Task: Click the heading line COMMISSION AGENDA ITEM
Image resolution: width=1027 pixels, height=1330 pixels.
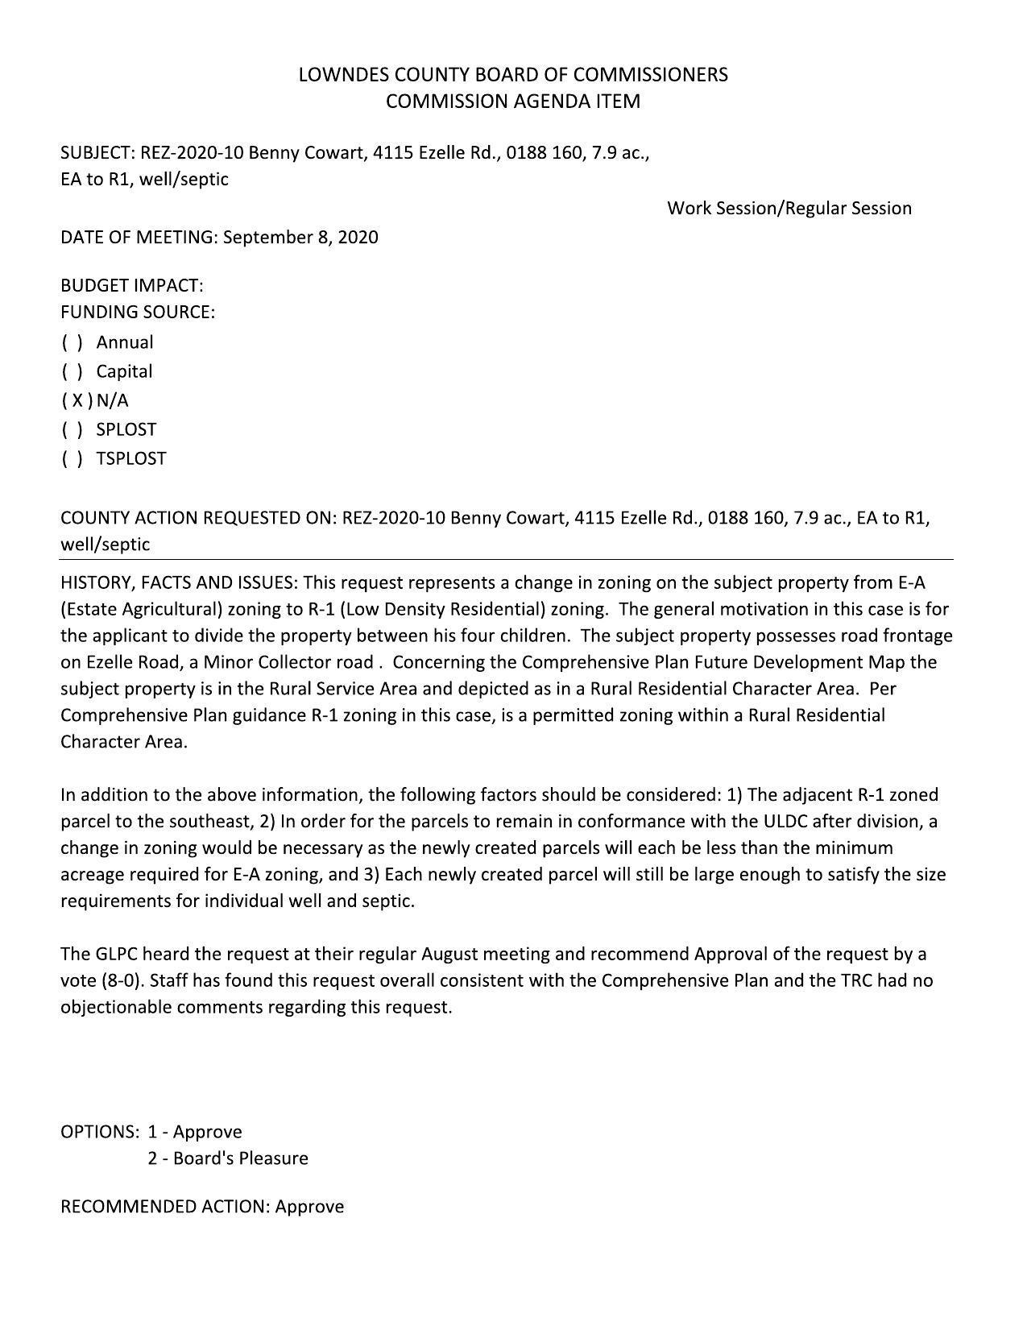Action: coord(513,102)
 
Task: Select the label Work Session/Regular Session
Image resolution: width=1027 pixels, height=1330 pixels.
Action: coord(789,208)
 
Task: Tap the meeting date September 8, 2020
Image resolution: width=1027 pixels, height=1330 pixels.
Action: coord(300,237)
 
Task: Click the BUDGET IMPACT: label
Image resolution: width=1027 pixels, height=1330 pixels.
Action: coord(132,285)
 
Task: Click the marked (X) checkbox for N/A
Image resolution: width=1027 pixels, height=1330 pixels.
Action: coord(77,400)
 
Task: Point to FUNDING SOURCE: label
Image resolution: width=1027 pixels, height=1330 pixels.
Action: coord(138,312)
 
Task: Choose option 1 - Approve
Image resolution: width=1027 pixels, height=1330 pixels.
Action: coord(195,1131)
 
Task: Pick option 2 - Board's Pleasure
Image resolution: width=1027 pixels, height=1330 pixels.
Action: coord(228,1158)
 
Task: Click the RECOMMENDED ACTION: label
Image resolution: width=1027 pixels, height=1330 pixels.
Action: coord(165,1206)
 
